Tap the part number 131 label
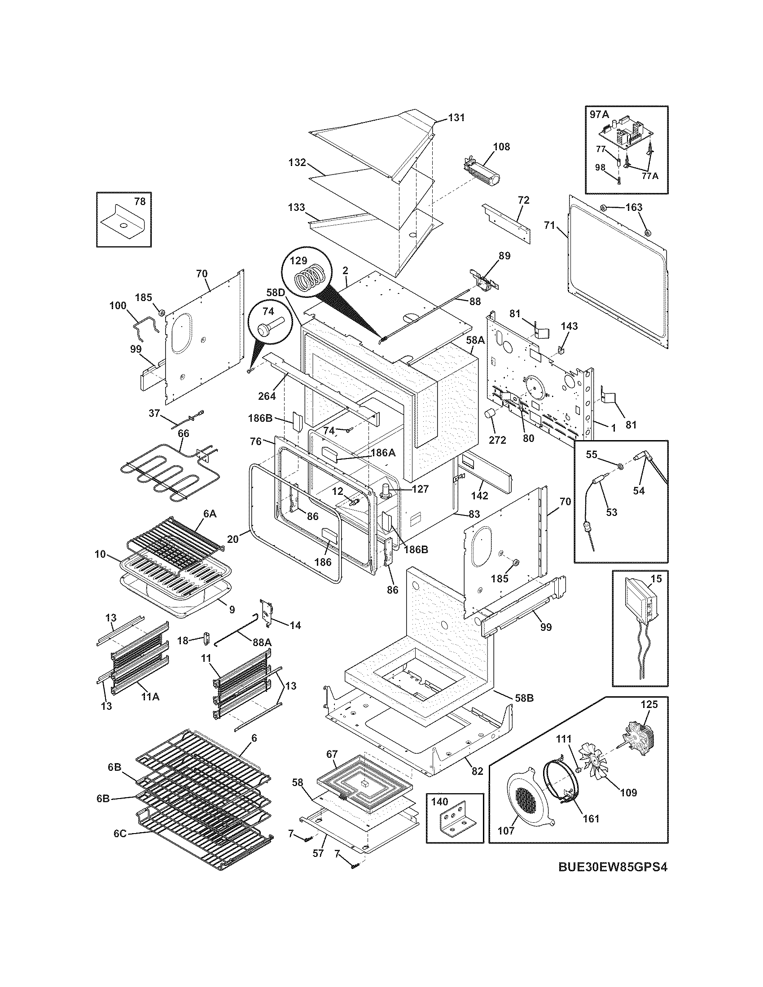pos(456,118)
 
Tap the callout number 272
pos(497,439)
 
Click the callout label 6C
pos(120,846)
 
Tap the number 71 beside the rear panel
pos(549,225)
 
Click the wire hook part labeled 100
pos(145,325)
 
